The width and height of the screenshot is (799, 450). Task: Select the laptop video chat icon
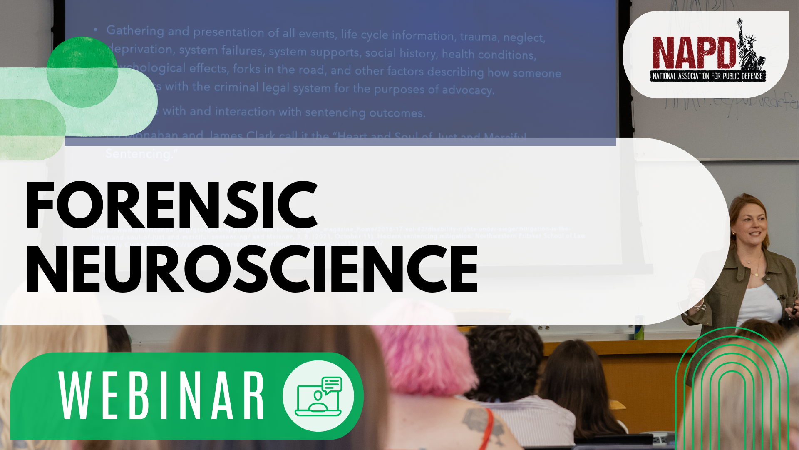point(318,396)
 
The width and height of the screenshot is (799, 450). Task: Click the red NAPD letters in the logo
point(693,53)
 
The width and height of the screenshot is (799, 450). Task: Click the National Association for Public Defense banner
point(707,76)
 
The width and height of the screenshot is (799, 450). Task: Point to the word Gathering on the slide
point(135,30)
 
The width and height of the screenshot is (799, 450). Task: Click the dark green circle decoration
point(82,72)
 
